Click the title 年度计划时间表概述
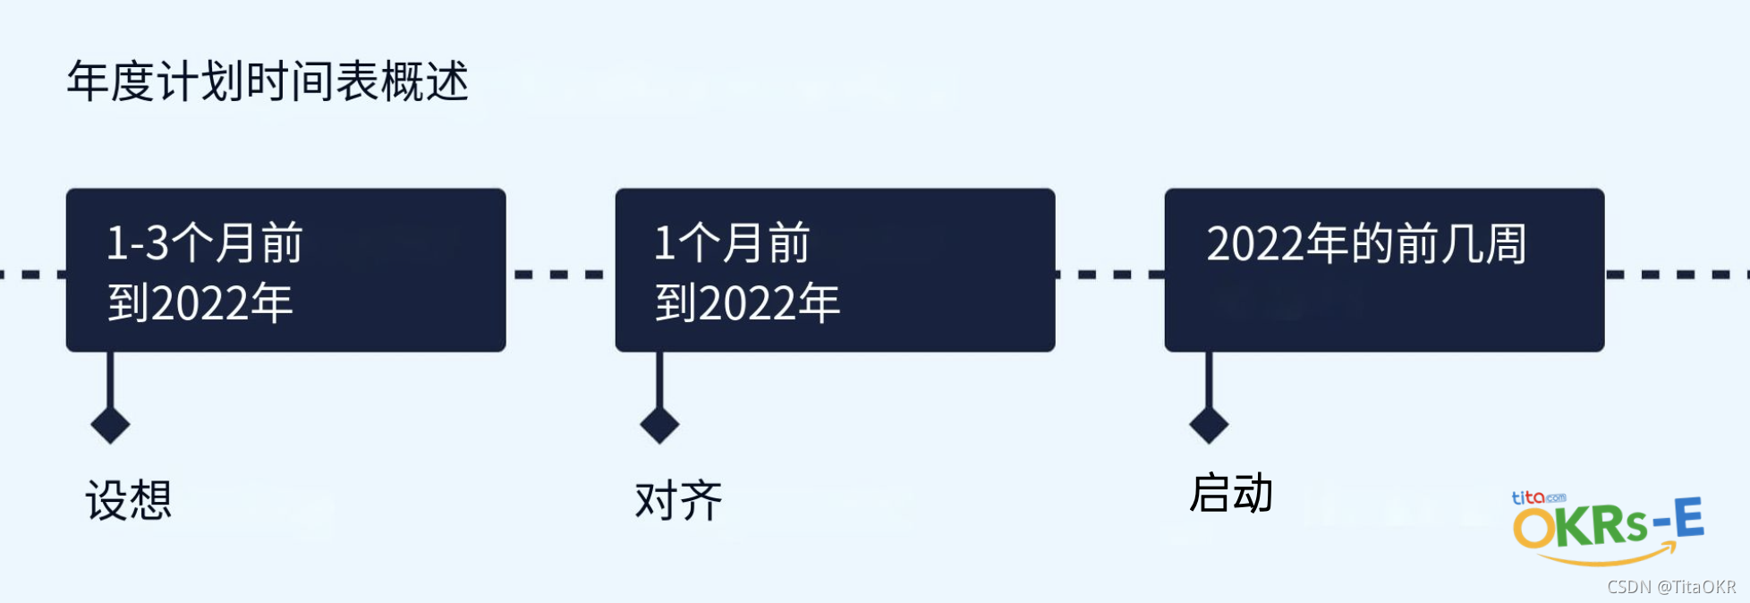[268, 81]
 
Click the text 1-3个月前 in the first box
[205, 242]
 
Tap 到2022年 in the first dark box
[200, 302]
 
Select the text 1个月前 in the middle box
[732, 242]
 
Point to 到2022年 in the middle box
[748, 302]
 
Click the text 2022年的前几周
[1366, 243]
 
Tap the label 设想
[129, 499]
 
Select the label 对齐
[678, 499]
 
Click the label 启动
[1231, 493]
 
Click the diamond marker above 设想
[111, 425]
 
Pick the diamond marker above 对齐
[660, 425]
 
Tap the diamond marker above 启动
[1209, 425]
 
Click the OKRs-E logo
[1608, 525]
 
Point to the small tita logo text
[1529, 497]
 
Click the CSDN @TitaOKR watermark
[1671, 587]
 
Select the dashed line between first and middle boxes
[560, 274]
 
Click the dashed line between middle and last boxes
[1109, 274]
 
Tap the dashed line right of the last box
[1675, 274]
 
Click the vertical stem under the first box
[111, 380]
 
